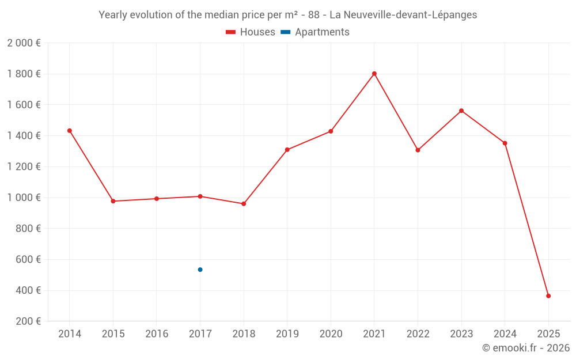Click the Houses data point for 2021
374,74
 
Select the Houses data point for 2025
548,296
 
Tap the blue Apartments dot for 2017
200,270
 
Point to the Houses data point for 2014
70,131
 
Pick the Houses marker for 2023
461,111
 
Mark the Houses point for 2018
244,204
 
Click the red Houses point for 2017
200,196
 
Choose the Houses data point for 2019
287,150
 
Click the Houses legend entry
251,32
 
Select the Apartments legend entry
315,32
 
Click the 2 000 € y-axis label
24,43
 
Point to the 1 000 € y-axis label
24,198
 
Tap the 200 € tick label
28,321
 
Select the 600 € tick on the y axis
28,260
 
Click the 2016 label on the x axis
157,334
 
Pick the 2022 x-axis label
418,334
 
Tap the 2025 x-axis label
548,334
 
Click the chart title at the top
287,15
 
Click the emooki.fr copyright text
525,348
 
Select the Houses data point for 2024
505,143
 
